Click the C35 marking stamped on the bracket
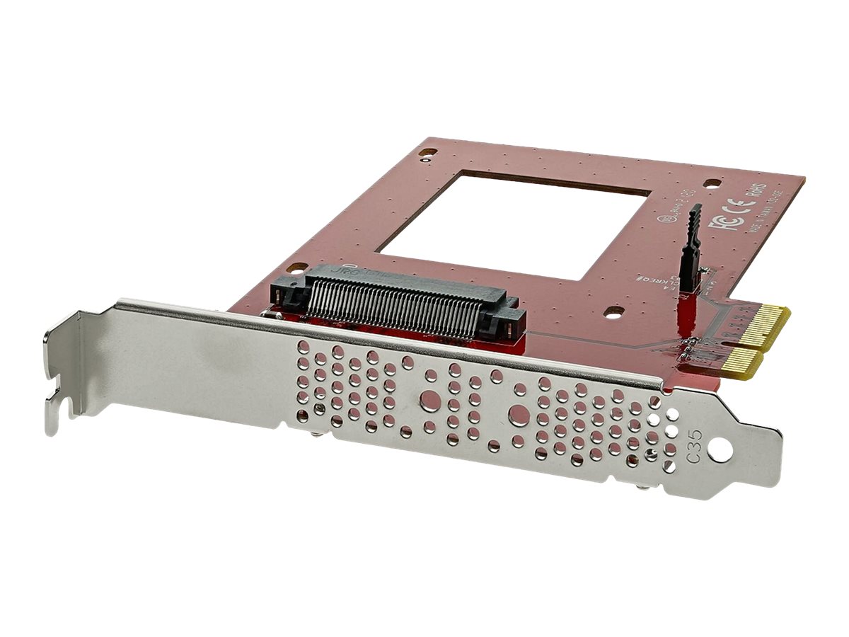(698, 458)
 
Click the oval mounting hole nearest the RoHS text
(712, 183)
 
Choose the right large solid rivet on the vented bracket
(518, 413)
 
